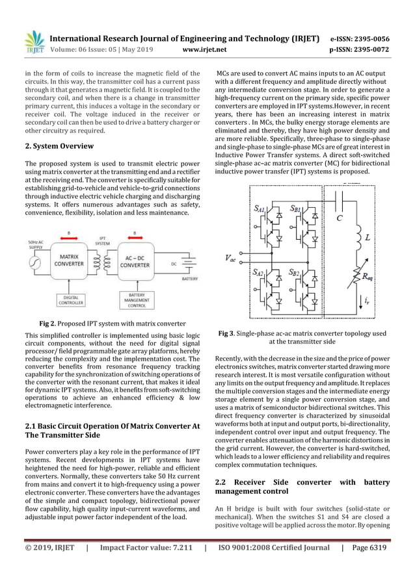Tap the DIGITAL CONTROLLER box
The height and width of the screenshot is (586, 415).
pos(71,299)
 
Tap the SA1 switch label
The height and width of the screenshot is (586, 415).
pos(259,209)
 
